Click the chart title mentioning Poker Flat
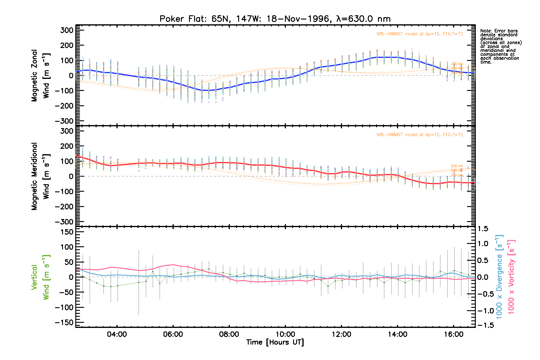275,19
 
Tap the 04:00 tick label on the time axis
117,334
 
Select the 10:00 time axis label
285,334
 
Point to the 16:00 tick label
454,334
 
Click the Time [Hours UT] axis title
275,342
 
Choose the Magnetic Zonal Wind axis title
40,76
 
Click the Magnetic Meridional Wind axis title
40,176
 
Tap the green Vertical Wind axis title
40,277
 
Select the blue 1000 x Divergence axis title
499,277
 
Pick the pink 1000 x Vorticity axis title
511,277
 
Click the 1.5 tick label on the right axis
483,229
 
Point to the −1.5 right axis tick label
485,325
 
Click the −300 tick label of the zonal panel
64,121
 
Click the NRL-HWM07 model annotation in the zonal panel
420,34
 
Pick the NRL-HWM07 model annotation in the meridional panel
420,135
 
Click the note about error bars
500,46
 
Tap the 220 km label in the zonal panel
457,64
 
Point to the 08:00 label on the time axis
229,334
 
